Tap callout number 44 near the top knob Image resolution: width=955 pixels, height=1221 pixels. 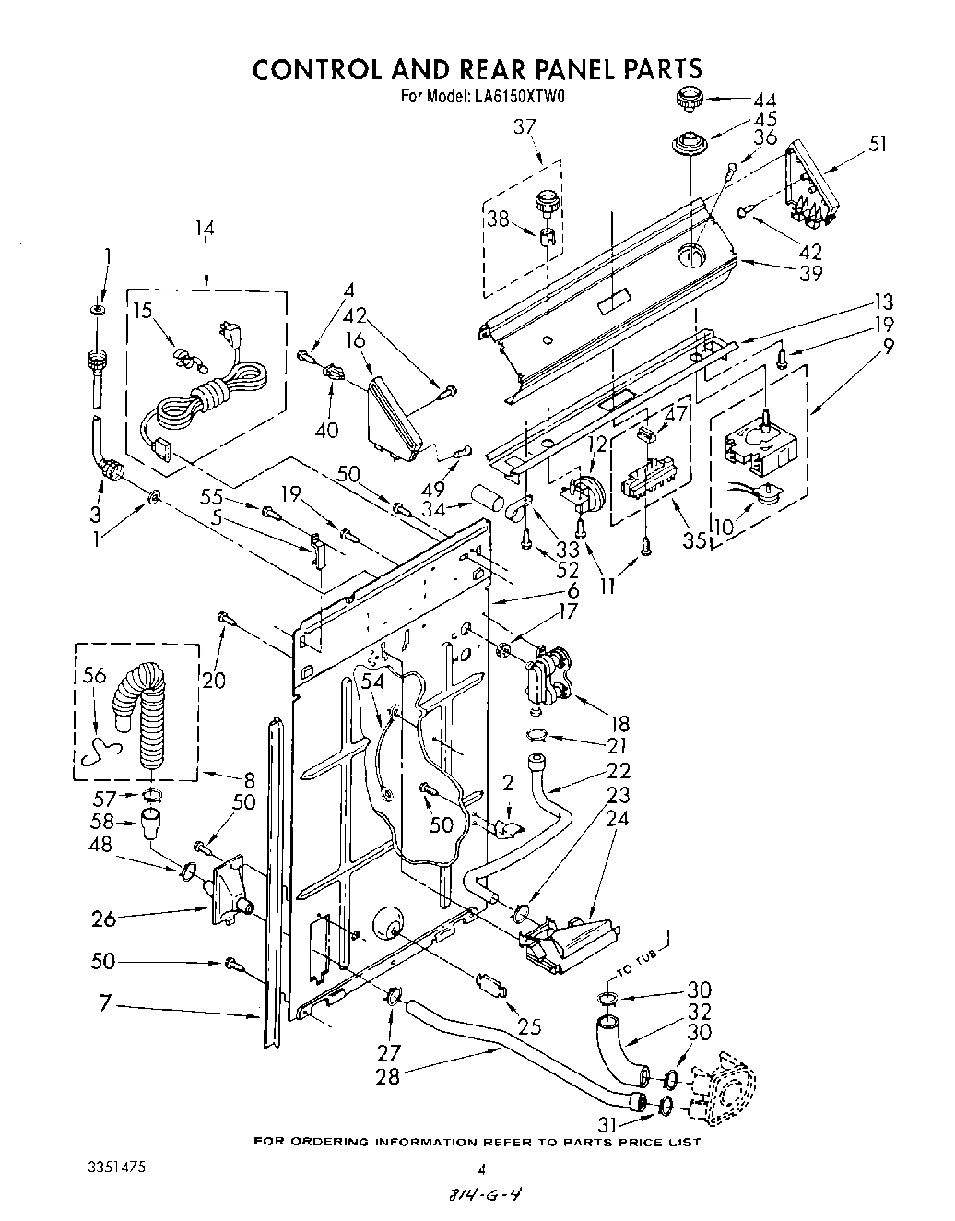tap(764, 100)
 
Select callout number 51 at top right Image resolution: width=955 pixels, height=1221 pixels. tap(878, 143)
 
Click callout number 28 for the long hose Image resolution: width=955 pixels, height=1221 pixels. tap(388, 1076)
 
